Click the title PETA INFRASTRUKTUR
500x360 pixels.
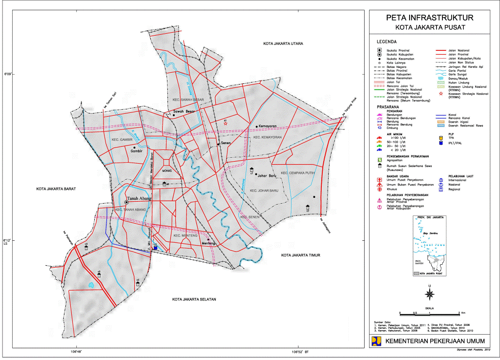click(x=429, y=18)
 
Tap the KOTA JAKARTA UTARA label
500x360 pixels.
click(x=283, y=44)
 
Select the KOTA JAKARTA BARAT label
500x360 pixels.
click(x=57, y=188)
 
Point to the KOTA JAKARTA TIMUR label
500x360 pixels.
click(x=300, y=255)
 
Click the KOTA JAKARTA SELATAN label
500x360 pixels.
click(x=194, y=299)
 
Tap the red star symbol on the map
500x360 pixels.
click(x=226, y=124)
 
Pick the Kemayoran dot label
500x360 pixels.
click(x=268, y=126)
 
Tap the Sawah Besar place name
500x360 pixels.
click(x=184, y=111)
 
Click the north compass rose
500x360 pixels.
click(x=430, y=294)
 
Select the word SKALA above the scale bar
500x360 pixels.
click(x=429, y=308)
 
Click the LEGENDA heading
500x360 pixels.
click(x=386, y=42)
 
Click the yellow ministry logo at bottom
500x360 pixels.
click(x=376, y=340)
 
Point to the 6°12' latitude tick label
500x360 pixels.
click(x=7, y=240)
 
